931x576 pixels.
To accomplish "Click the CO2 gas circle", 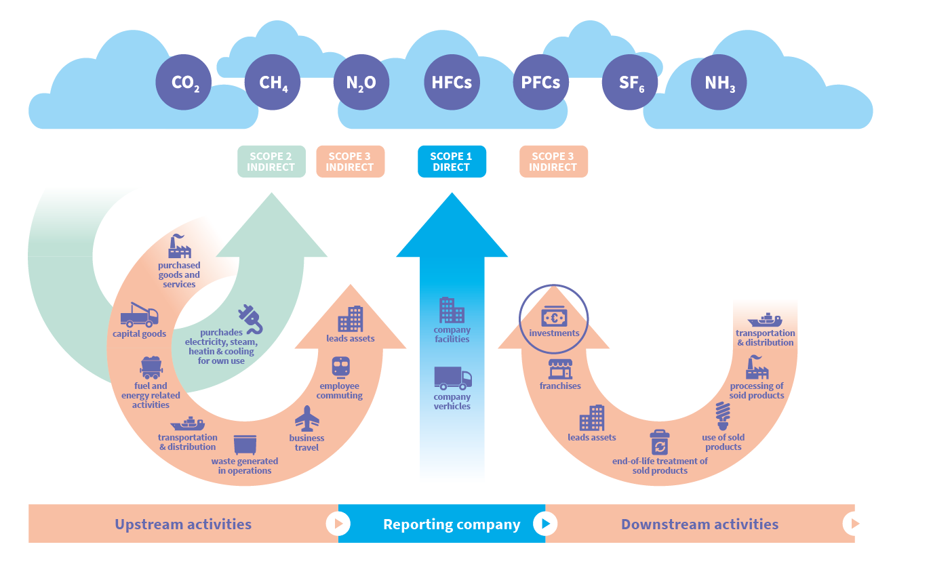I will (x=183, y=83).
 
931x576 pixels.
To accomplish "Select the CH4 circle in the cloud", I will (x=272, y=83).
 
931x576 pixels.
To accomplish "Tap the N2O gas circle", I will (x=361, y=83).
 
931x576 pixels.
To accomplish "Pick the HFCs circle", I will (x=451, y=83).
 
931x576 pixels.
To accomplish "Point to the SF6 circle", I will (x=629, y=83).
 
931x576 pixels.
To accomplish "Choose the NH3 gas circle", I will (x=719, y=83).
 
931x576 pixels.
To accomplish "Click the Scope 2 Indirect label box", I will (x=271, y=161).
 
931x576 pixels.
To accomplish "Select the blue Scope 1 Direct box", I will (x=452, y=161).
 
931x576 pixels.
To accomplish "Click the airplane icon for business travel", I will (x=307, y=418).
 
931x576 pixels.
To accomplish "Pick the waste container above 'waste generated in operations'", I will (x=245, y=445).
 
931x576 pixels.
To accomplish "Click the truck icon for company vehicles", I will (x=452, y=377).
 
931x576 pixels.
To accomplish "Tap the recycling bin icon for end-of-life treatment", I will (x=659, y=443).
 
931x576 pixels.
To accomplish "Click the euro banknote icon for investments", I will (x=554, y=316).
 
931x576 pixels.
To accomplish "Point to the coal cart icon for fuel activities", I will (x=151, y=368).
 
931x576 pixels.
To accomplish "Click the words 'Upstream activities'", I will (x=183, y=524).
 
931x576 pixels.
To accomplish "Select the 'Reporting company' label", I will (x=452, y=524).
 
